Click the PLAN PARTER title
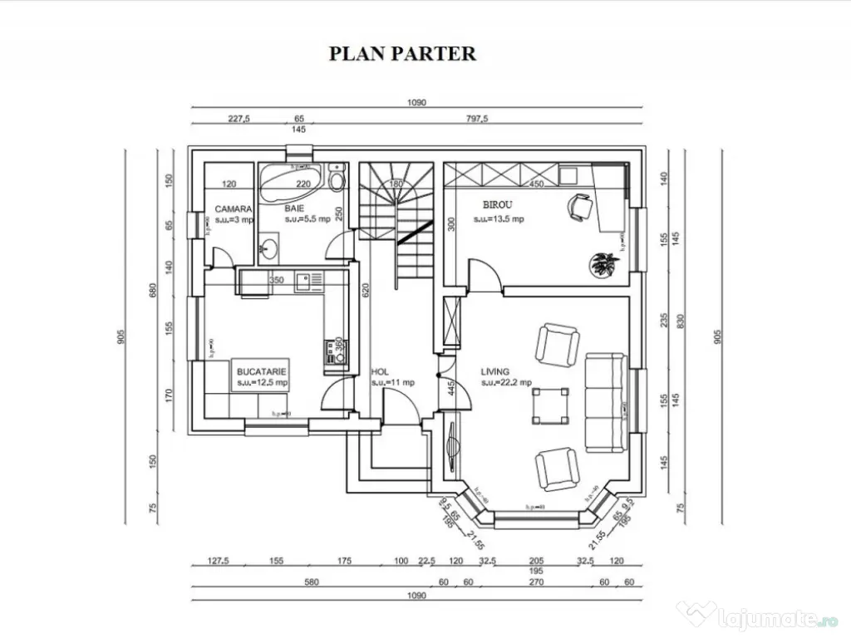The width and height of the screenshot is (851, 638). coord(402,54)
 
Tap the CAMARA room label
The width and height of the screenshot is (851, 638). coord(234,209)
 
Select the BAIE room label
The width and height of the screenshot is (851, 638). coord(294,209)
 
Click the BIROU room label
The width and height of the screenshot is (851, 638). coord(498,204)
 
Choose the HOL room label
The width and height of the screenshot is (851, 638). coord(380,372)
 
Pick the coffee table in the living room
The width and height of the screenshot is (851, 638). coord(550,405)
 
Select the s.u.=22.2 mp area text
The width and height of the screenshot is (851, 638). coord(506,383)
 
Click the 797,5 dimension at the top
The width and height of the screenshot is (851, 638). coord(476,119)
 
